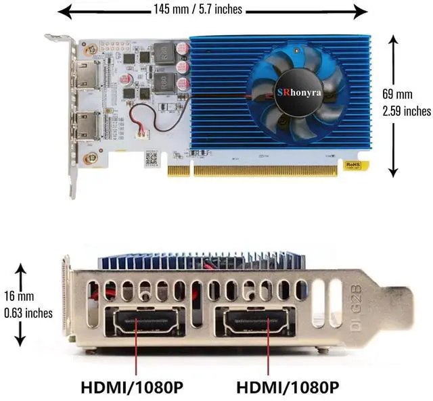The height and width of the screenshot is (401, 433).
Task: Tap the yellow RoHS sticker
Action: click(x=352, y=164)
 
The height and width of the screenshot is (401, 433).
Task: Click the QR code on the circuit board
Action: click(x=152, y=159)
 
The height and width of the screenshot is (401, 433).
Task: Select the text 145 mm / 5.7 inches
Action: click(x=198, y=9)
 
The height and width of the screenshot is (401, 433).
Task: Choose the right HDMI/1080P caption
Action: click(x=289, y=388)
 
